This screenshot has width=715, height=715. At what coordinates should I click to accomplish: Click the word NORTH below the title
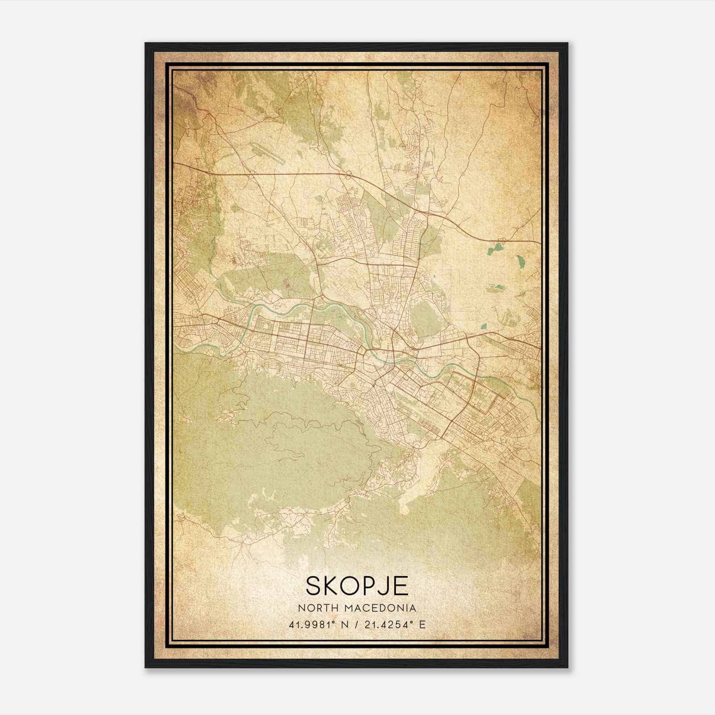click(x=315, y=608)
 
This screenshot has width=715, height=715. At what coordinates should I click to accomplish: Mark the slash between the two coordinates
click(x=355, y=624)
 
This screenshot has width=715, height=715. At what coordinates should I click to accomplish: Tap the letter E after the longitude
click(x=422, y=624)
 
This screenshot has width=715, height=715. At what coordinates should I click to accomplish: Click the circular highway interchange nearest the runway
click(x=252, y=176)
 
